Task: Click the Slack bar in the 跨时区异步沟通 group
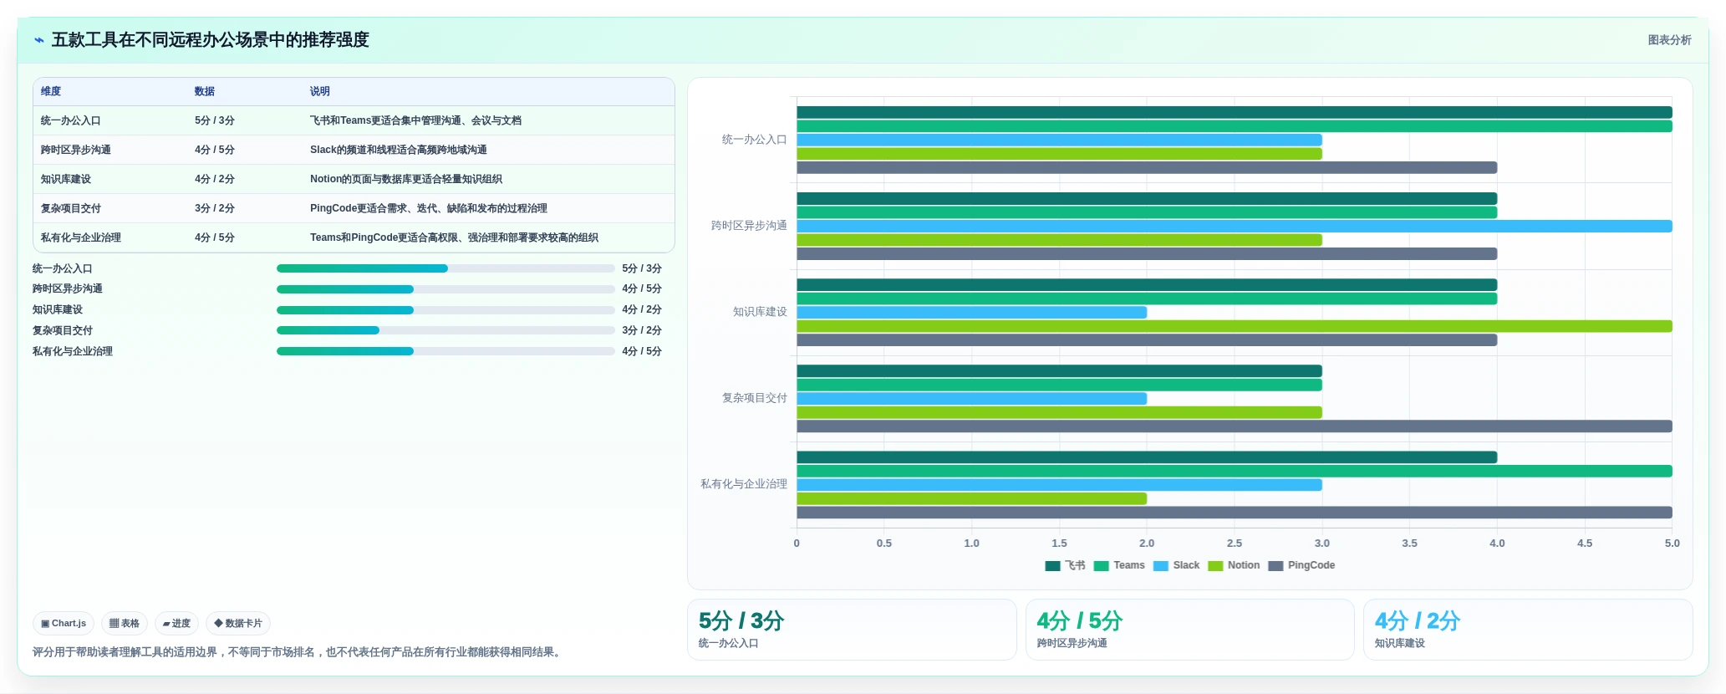click(1235, 227)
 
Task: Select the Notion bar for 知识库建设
click(1235, 326)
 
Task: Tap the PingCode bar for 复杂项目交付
click(1235, 426)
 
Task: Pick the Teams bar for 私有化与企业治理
click(1235, 471)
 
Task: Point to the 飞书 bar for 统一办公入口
click(1235, 112)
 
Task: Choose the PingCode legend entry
click(1301, 565)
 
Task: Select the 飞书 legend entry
click(1065, 565)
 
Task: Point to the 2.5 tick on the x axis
click(1235, 543)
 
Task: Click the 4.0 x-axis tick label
click(1497, 543)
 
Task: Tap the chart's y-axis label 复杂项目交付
click(755, 398)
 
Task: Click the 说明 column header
click(320, 91)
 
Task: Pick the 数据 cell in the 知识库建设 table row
click(215, 179)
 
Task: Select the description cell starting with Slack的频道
click(399, 150)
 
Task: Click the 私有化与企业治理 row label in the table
click(81, 237)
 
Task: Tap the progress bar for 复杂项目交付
click(446, 330)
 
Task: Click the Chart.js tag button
click(64, 623)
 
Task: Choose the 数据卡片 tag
click(238, 623)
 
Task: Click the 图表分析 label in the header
click(1670, 40)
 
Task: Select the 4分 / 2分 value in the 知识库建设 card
click(1418, 621)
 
